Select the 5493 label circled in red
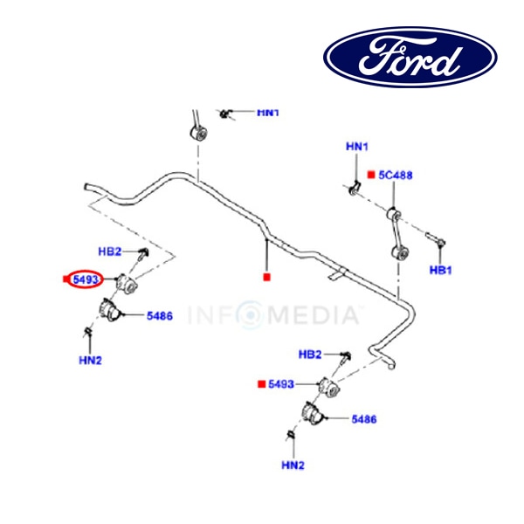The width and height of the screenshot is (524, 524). [87, 279]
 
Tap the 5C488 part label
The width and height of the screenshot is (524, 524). [395, 175]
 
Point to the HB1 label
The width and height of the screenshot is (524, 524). [439, 271]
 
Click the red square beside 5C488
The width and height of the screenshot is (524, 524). [370, 175]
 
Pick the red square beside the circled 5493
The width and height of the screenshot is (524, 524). [66, 279]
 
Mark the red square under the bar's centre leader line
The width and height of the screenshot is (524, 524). [267, 278]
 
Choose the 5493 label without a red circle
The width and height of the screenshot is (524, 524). [281, 384]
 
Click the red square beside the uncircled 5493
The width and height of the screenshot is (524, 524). [260, 384]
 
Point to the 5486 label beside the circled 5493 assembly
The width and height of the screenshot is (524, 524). [159, 316]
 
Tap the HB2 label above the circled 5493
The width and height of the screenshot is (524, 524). [111, 252]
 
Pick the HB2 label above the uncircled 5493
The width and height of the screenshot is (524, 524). [311, 355]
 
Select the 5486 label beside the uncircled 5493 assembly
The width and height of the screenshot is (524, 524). [363, 420]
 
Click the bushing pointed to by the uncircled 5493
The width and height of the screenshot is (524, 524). [327, 386]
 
